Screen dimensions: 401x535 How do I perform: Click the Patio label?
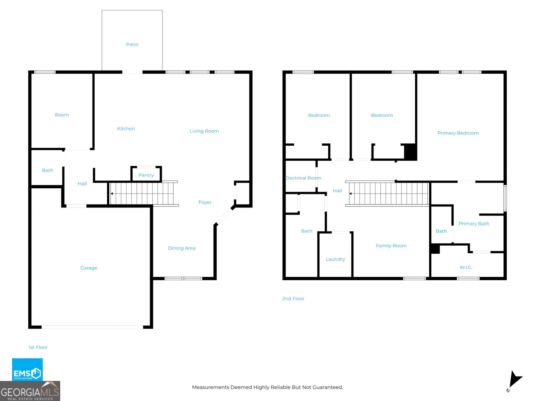132,44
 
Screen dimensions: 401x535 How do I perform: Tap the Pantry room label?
146,175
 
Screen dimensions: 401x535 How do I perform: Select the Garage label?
89,268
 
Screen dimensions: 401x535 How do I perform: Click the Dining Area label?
182,248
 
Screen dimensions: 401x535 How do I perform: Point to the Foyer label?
205,202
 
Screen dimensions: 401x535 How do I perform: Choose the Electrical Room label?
303,178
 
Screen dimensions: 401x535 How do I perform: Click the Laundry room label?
335,259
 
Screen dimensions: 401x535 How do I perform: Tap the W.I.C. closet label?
466,267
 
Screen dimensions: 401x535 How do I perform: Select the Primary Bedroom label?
458,133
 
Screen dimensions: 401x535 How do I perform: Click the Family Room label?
391,246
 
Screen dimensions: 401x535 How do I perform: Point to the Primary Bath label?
474,224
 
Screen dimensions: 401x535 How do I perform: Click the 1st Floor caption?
38,348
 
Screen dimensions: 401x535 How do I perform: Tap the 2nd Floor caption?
293,299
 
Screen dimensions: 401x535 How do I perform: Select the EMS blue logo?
27,370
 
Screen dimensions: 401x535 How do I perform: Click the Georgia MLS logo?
30,391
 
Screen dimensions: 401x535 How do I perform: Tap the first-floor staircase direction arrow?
112,193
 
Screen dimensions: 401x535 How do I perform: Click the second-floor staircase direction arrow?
350,193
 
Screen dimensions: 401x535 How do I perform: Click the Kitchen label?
126,129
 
